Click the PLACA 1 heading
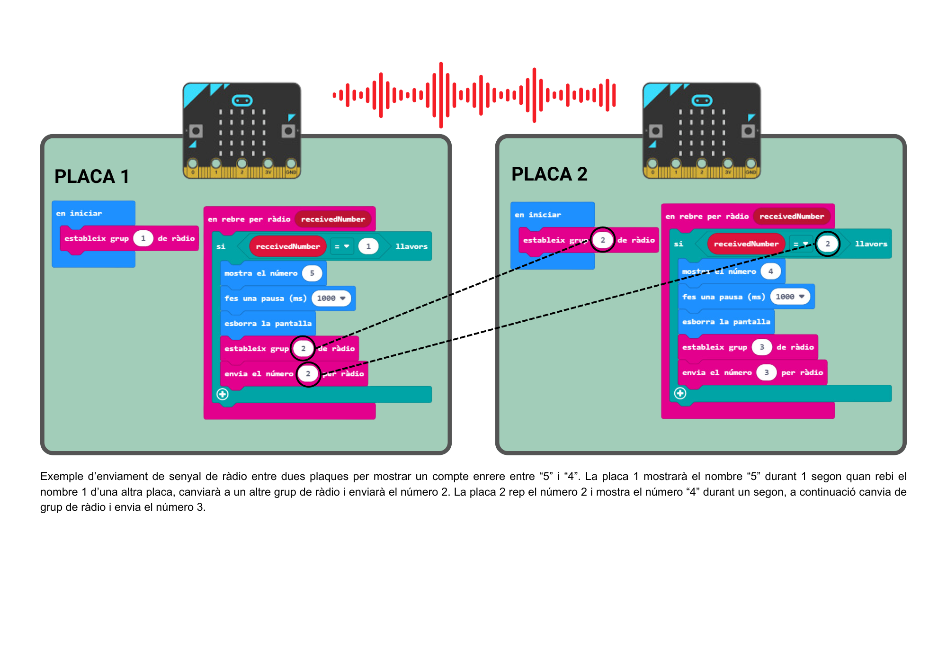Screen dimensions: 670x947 pos(92,177)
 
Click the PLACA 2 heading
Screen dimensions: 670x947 pos(549,174)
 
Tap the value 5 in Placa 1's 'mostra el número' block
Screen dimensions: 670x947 pos(312,273)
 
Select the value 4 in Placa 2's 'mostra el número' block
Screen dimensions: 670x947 pos(770,272)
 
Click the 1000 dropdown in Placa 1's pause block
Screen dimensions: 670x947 pos(331,299)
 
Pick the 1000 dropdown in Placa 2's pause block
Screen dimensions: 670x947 pos(790,297)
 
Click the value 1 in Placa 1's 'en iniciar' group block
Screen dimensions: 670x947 pos(143,238)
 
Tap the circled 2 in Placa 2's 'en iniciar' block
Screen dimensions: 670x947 pos(602,240)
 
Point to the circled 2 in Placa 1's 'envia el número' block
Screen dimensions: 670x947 pos(308,374)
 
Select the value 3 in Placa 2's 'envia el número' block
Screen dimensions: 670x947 pos(766,372)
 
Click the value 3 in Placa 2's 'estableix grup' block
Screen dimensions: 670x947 pos(762,347)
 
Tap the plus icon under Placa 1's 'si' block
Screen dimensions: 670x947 pos(223,394)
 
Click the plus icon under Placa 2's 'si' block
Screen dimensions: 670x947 pos(680,393)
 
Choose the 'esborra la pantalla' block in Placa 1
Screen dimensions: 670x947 pos(268,324)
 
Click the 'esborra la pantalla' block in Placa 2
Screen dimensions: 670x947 pos(726,322)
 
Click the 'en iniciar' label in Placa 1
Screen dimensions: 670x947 pos(79,214)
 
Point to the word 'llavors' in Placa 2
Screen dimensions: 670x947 pos(871,244)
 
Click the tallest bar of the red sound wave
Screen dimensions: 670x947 pos(441,95)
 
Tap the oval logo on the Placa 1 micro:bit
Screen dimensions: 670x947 pos(242,100)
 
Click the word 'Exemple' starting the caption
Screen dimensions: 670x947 pos(61,476)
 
